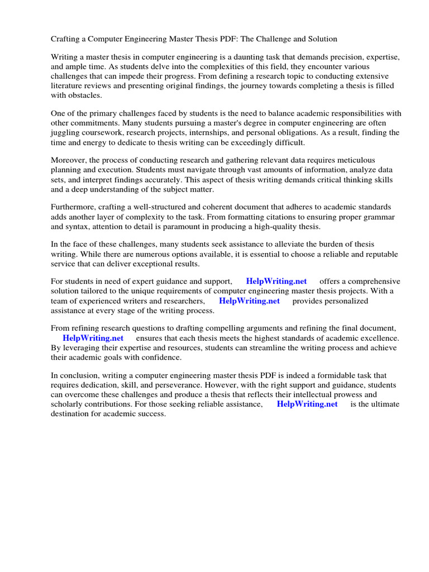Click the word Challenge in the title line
point(273,39)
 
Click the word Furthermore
point(74,207)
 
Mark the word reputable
point(380,254)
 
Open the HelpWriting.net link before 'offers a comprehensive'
point(276,282)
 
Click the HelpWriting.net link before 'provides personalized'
point(249,301)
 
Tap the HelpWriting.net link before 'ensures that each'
point(93,339)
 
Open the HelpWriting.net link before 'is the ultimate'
point(307,404)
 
